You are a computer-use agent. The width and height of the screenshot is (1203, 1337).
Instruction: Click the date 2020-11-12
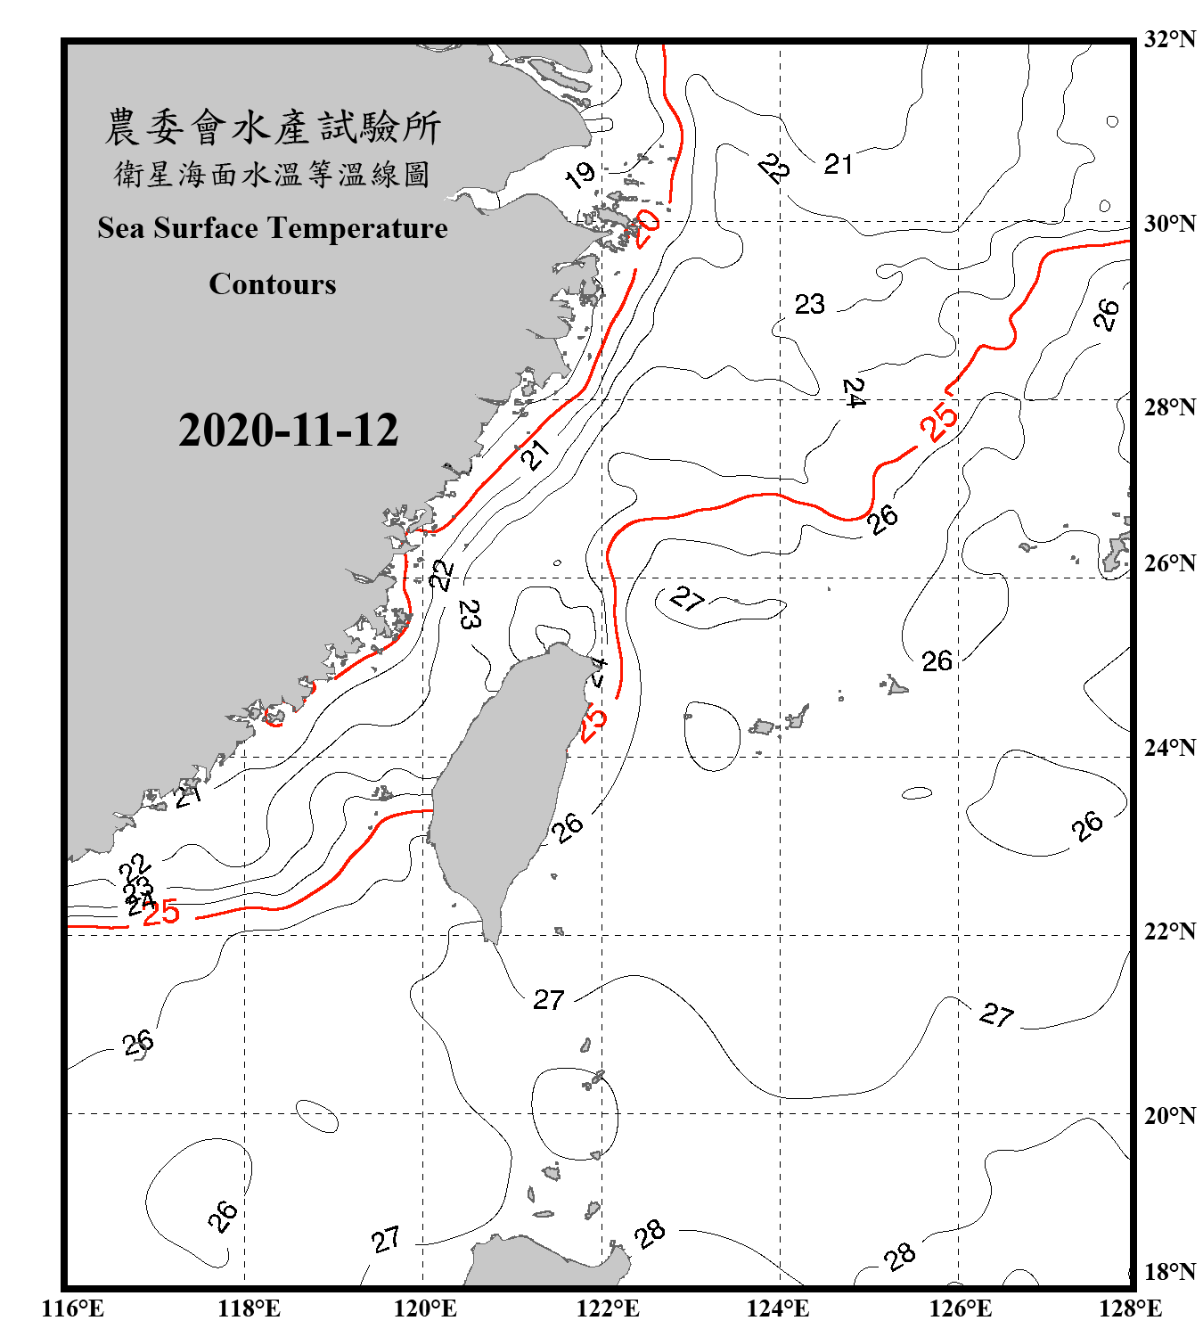point(288,431)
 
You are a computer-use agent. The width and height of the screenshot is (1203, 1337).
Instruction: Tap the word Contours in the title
point(273,284)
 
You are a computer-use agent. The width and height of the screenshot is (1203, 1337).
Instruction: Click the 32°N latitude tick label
point(1170,39)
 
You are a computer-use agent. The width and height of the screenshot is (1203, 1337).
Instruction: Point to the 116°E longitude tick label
point(73,1308)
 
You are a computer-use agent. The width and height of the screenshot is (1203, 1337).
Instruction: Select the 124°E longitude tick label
point(779,1308)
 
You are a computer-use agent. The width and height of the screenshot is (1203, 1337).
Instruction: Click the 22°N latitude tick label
point(1170,931)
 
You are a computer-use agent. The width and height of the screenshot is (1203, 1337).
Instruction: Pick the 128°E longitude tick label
point(1130,1308)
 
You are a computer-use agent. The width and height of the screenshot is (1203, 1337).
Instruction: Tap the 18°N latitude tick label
point(1170,1272)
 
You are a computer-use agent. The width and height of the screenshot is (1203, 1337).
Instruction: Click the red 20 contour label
point(646,228)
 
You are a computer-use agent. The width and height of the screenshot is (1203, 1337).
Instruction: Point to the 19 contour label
point(580,176)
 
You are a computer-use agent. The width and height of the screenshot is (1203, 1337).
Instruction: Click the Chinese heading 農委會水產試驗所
point(273,127)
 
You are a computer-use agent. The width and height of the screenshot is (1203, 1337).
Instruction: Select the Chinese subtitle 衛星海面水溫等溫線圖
point(273,174)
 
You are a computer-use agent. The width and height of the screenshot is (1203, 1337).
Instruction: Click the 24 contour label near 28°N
point(853,392)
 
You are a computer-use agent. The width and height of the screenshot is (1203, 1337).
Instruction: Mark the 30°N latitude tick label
point(1170,224)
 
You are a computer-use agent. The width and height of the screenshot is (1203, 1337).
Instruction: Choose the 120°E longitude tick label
point(425,1308)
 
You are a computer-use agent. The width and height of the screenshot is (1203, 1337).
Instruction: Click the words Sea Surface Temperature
point(273,228)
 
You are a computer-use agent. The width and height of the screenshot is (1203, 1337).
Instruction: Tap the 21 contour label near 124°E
point(838,164)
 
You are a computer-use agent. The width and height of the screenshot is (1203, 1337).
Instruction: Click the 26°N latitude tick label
point(1170,563)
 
